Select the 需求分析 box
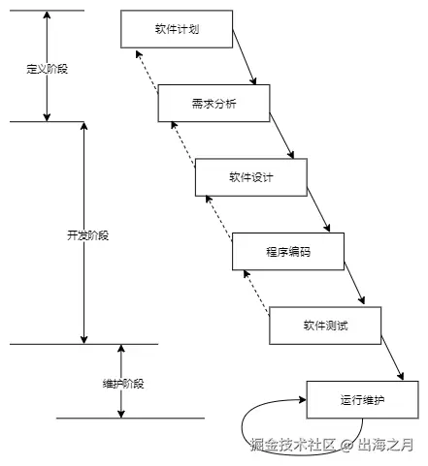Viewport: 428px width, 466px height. pyautogui.click(x=213, y=103)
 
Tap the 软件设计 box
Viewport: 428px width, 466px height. pyautogui.click(x=250, y=176)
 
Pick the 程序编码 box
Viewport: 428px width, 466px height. pyautogui.click(x=287, y=251)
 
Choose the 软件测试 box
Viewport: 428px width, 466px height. pyautogui.click(x=325, y=325)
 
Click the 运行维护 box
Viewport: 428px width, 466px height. pyautogui.click(x=363, y=399)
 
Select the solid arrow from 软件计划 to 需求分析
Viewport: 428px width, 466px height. pyautogui.click(x=246, y=63)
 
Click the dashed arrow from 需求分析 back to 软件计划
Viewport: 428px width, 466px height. pyautogui.click(x=148, y=74)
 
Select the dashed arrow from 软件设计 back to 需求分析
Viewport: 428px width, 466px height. pyautogui.click(x=184, y=145)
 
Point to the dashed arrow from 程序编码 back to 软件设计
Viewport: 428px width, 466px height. pyautogui.click(x=221, y=219)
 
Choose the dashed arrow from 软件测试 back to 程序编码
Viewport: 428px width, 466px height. pyautogui.click(x=258, y=294)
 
